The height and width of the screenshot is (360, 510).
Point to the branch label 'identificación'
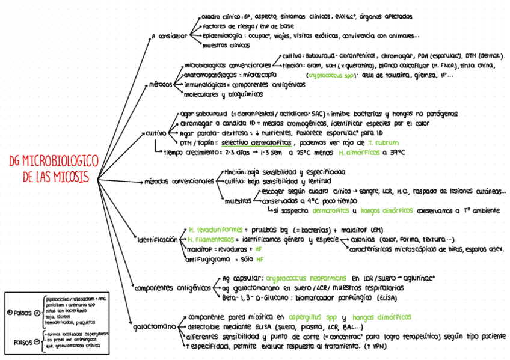point(158,239)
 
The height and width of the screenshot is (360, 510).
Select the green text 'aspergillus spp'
point(312,317)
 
